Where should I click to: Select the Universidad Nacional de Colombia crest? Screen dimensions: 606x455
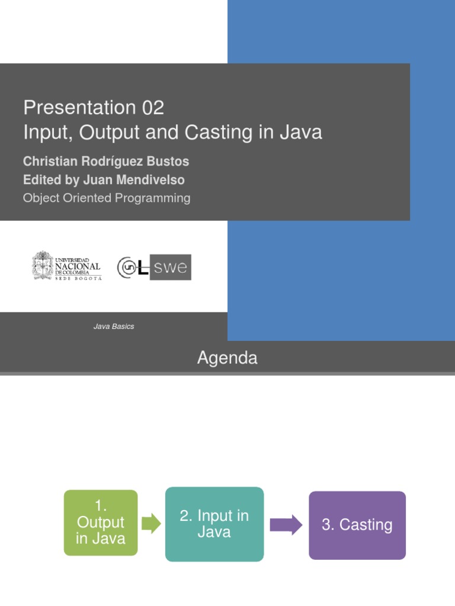coord(42,266)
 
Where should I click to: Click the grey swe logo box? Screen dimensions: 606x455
coord(171,267)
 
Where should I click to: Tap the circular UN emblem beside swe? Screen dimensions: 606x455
coord(129,267)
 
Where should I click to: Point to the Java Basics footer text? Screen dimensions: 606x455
coord(114,326)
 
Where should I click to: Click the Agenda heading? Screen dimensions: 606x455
coord(227,358)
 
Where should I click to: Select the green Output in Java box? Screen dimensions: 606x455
coord(101,523)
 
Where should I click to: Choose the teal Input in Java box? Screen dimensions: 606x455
coord(214,524)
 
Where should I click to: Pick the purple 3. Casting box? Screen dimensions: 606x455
coord(357,525)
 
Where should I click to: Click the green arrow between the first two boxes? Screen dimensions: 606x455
coord(151,523)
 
